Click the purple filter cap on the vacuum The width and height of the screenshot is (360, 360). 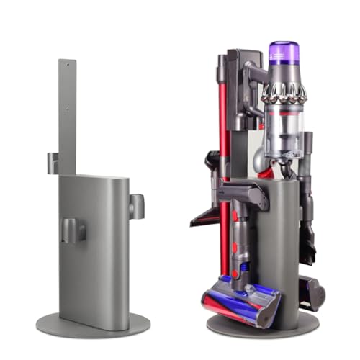coord(284,53)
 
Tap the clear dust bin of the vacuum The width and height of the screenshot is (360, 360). coord(283,133)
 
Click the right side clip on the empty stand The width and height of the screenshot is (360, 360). coord(136,206)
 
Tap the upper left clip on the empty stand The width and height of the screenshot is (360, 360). coord(53,163)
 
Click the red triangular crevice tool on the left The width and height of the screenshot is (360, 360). coord(205,215)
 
